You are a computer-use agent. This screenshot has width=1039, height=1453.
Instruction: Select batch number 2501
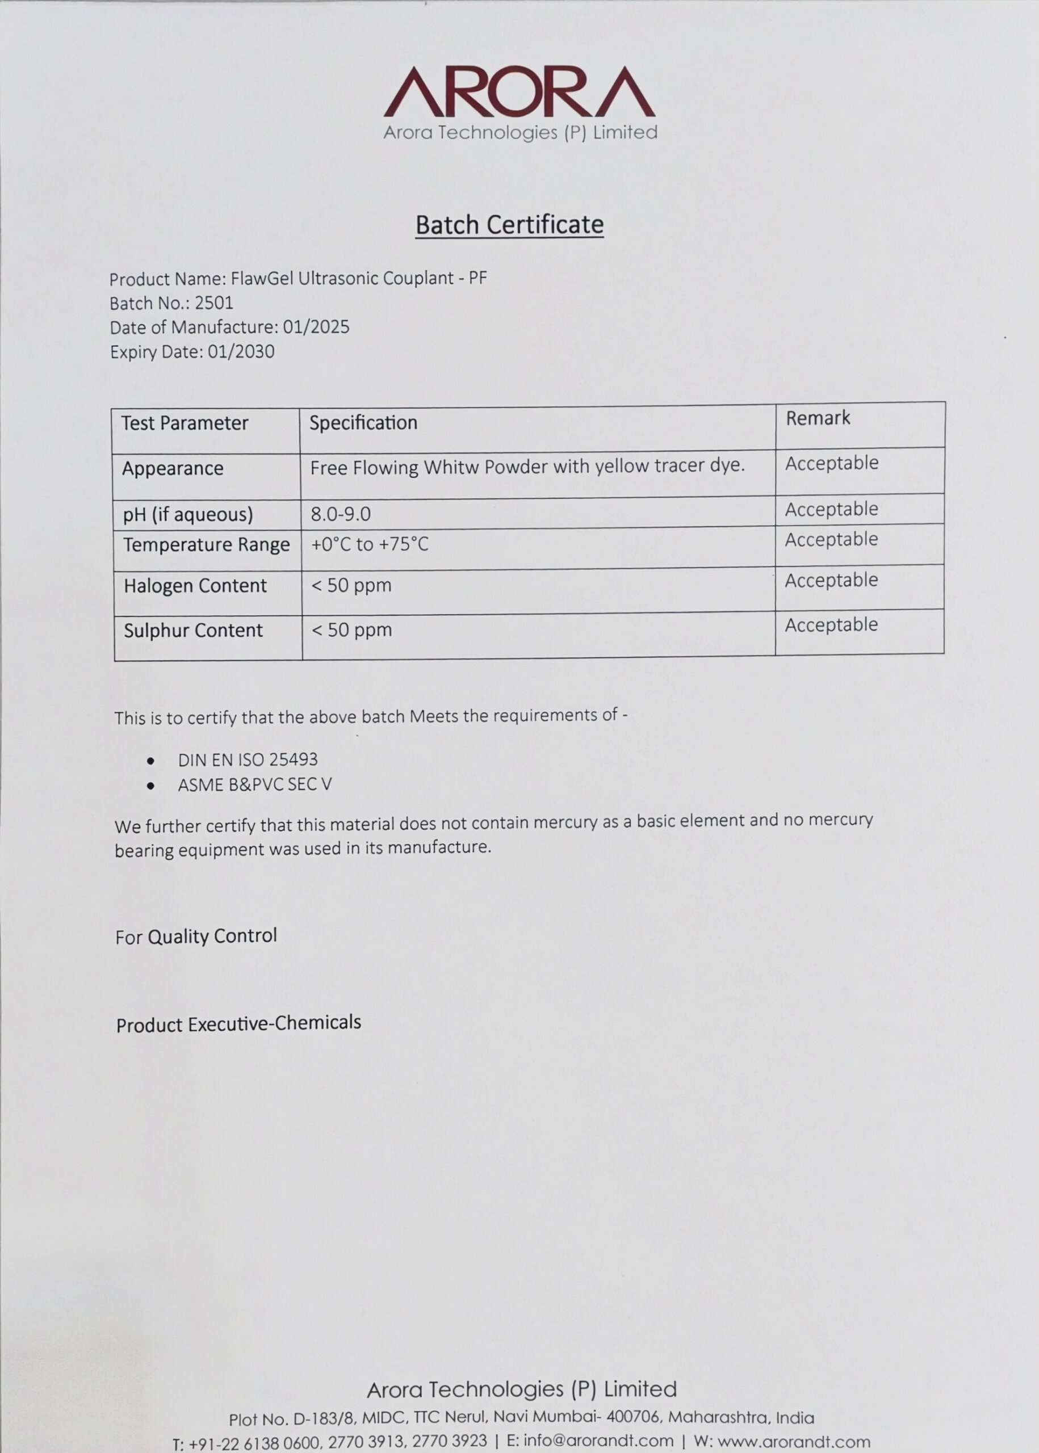213,303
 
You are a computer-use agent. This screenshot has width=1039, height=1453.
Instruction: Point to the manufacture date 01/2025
316,327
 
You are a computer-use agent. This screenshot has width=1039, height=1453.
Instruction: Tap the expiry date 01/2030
241,351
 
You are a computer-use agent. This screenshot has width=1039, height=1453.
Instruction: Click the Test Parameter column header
185,423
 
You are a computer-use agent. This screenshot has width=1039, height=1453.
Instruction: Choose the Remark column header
818,418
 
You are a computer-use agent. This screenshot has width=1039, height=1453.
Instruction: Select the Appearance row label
173,468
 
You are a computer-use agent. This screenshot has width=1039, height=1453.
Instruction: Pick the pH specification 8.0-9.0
340,514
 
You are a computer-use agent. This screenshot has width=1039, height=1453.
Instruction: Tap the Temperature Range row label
206,544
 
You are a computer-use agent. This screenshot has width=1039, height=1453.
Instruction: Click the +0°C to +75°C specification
370,544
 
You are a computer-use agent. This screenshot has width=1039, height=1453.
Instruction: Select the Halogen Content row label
195,585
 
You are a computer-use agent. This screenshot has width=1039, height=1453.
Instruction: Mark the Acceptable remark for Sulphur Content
831,624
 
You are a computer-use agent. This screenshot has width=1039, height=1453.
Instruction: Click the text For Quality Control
196,937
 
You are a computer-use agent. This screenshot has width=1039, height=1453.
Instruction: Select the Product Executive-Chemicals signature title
238,1024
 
